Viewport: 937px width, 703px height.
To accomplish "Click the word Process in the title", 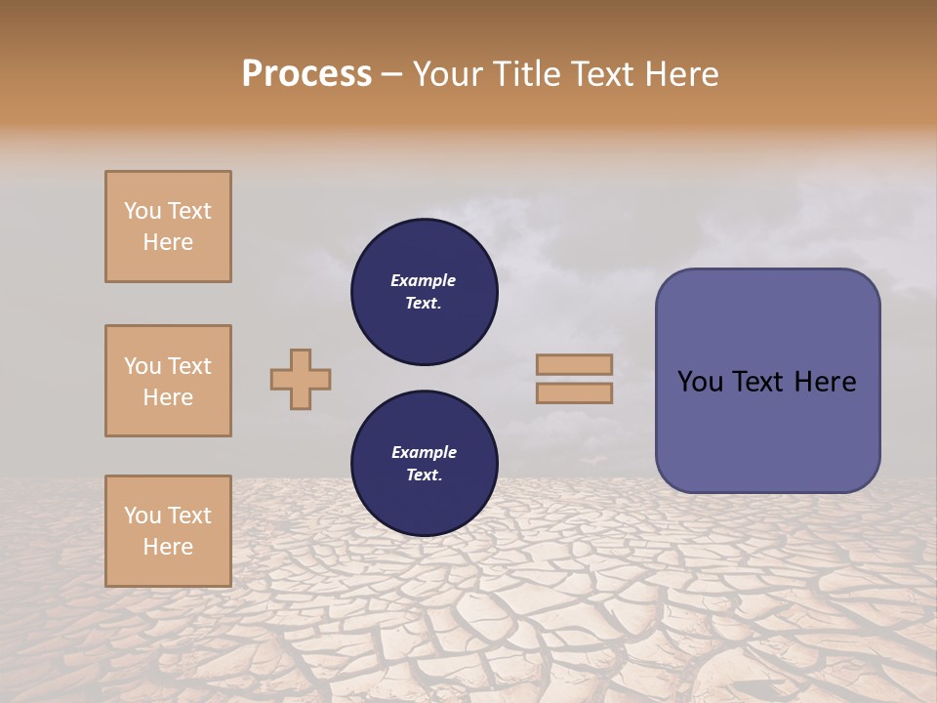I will tap(306, 74).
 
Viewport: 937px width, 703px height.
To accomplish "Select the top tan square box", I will tap(168, 227).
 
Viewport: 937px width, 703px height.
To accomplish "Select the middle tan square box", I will tap(168, 381).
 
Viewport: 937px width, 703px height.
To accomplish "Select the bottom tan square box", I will tap(168, 531).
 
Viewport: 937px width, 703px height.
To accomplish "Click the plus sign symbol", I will tap(301, 379).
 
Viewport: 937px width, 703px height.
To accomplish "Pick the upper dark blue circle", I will tap(425, 292).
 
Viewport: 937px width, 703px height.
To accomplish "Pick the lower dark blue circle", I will tap(425, 464).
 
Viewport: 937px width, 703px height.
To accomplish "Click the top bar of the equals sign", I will tap(574, 364).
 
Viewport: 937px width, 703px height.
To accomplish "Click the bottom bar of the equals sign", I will tap(574, 393).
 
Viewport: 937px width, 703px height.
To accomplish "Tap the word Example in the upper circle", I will tap(424, 280).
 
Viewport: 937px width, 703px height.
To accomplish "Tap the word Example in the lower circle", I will tap(424, 452).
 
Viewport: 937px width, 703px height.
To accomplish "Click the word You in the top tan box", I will tap(142, 211).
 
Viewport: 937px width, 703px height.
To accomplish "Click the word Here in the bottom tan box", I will tap(168, 547).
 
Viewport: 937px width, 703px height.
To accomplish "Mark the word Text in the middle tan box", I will tap(189, 366).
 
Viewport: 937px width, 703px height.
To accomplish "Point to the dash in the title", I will tap(392, 74).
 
